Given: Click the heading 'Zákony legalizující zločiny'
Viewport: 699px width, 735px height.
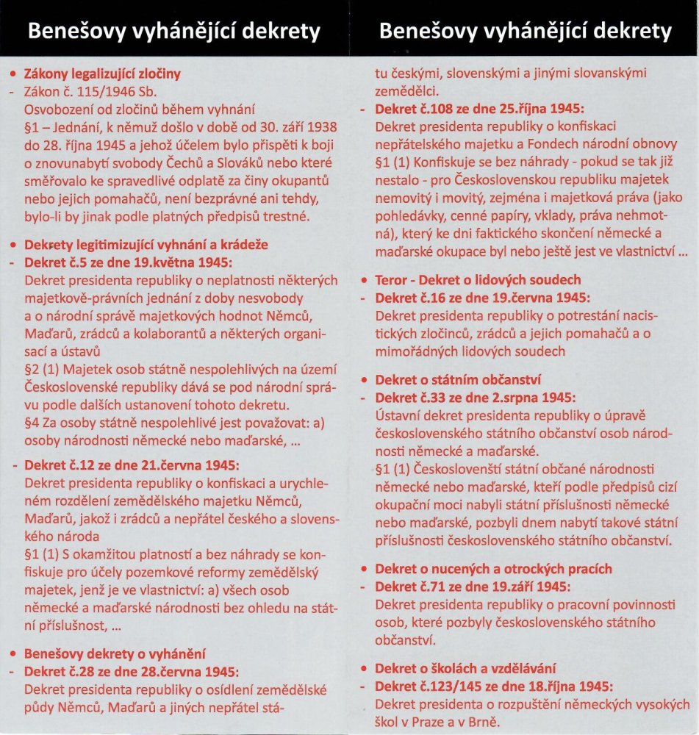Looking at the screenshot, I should [102, 74].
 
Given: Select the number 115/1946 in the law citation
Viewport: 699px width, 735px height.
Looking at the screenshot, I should [100, 91].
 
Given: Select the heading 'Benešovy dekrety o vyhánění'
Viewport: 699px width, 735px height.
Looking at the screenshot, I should [114, 653].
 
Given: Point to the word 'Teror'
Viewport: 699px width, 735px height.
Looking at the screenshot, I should [392, 280].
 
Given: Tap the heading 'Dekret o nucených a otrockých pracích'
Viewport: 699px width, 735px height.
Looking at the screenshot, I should [493, 569].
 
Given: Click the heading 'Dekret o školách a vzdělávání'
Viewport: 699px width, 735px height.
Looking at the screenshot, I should [466, 669].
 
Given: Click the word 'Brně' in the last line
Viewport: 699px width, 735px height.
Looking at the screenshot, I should [486, 721].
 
